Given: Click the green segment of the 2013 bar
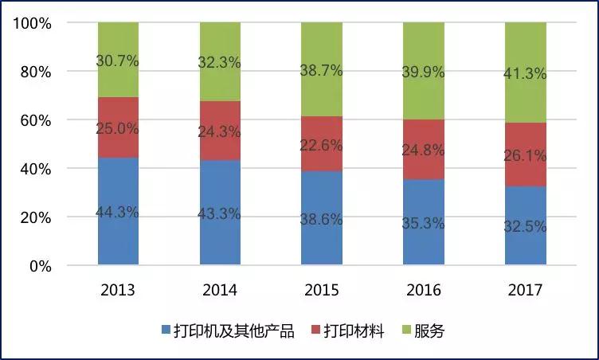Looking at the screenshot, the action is click(118, 60).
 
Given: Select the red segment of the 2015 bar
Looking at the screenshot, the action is click(322, 143).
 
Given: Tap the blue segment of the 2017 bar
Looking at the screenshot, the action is click(526, 225).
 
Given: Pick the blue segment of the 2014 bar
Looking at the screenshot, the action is click(220, 212).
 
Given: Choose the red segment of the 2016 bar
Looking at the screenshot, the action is click(424, 150).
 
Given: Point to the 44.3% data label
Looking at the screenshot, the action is click(117, 212).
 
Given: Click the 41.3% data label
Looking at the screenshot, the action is click(525, 73).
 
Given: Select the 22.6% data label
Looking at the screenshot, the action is click(321, 146).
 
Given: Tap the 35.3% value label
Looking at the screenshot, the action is click(423, 223).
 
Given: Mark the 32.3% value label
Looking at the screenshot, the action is click(219, 62).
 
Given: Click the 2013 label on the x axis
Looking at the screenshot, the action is click(118, 290).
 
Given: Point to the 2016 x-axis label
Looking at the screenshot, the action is click(424, 290).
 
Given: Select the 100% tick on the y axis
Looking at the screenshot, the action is click(33, 24).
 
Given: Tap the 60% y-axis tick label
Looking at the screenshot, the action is click(36, 121).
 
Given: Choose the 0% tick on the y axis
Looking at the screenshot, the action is click(41, 266).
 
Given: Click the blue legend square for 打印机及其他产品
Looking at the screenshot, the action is click(166, 330).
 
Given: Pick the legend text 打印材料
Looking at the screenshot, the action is click(354, 331).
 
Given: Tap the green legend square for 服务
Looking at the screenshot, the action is click(407, 330).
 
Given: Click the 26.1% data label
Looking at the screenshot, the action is click(525, 155).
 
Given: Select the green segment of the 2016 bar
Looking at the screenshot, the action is click(424, 71).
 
